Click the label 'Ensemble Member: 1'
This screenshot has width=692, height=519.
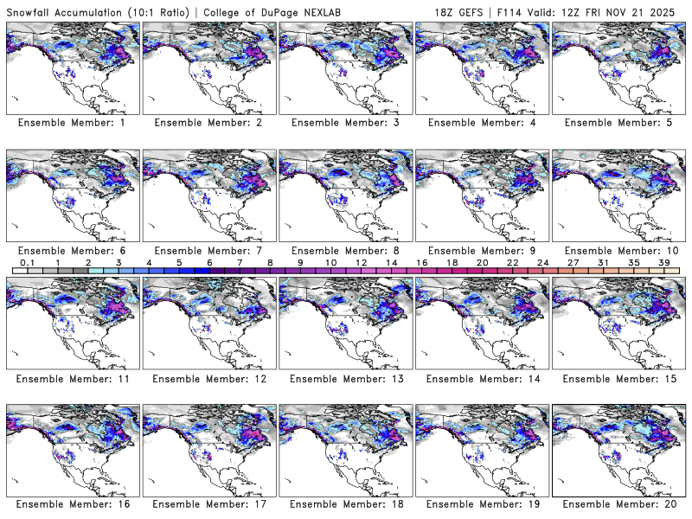coord(74,123)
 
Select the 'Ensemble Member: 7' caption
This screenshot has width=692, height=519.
coord(210,251)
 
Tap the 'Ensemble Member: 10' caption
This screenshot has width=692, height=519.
coord(620,251)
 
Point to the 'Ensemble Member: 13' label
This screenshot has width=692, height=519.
coord(347,379)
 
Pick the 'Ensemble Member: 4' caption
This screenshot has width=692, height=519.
coord(484,123)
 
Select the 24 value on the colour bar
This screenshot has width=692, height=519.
coord(542,262)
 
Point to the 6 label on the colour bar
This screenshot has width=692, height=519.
coord(209,262)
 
